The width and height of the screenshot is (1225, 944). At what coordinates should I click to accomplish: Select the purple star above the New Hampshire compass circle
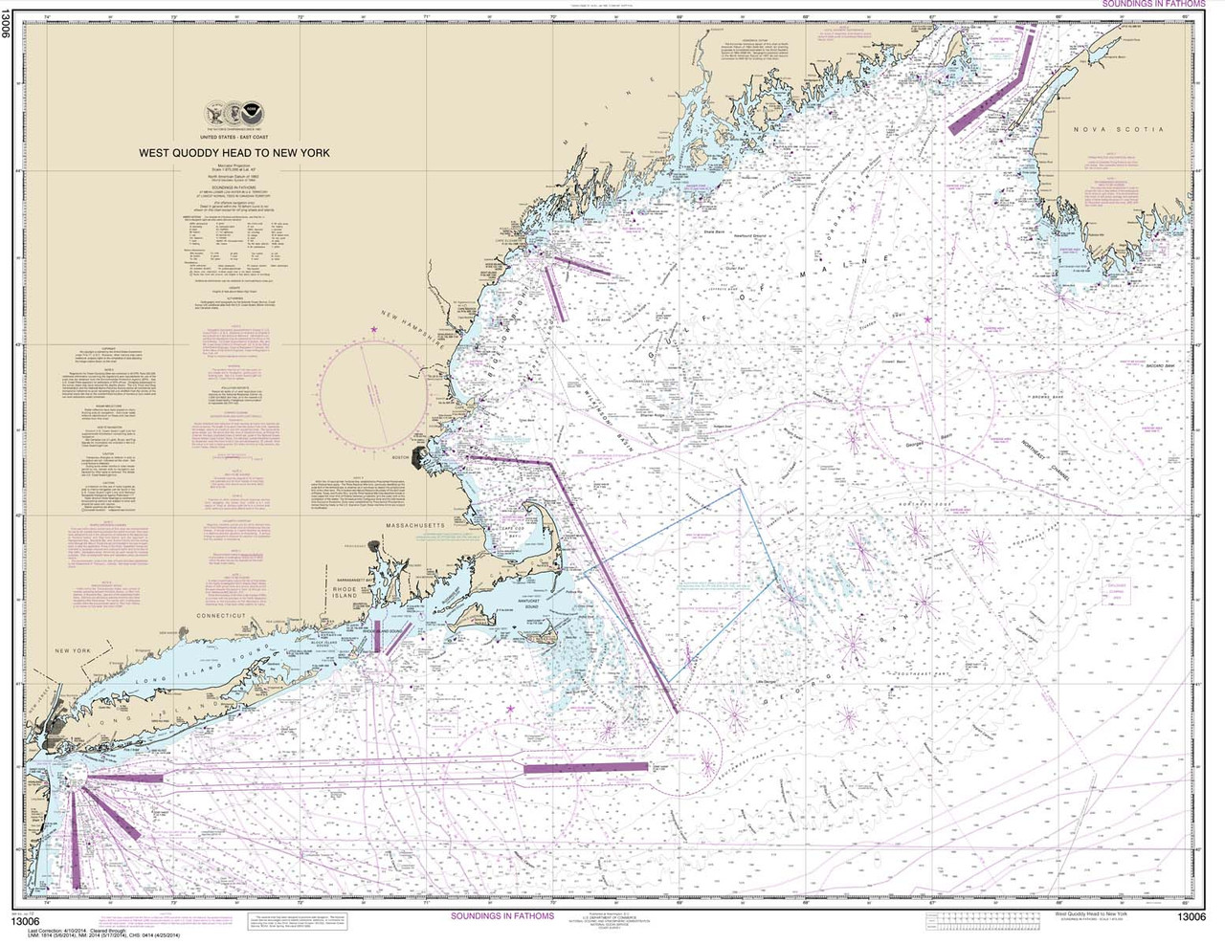coord(374,330)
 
